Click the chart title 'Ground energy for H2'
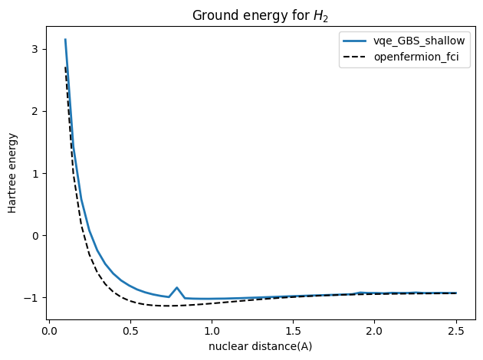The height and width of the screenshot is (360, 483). point(261,15)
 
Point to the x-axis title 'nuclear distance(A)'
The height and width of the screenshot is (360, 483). point(261,346)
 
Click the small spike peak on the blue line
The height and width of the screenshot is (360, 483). point(177,287)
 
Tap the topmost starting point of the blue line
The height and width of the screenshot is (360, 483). point(65,39)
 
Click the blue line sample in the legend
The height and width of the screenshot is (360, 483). point(362,41)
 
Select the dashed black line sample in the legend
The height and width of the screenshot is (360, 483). point(362,57)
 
